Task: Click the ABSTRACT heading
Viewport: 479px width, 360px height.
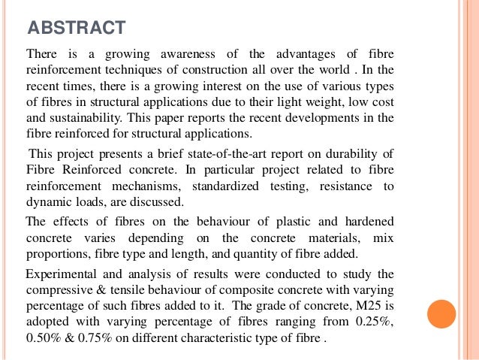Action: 75,28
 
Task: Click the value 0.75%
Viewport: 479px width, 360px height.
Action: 101,337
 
